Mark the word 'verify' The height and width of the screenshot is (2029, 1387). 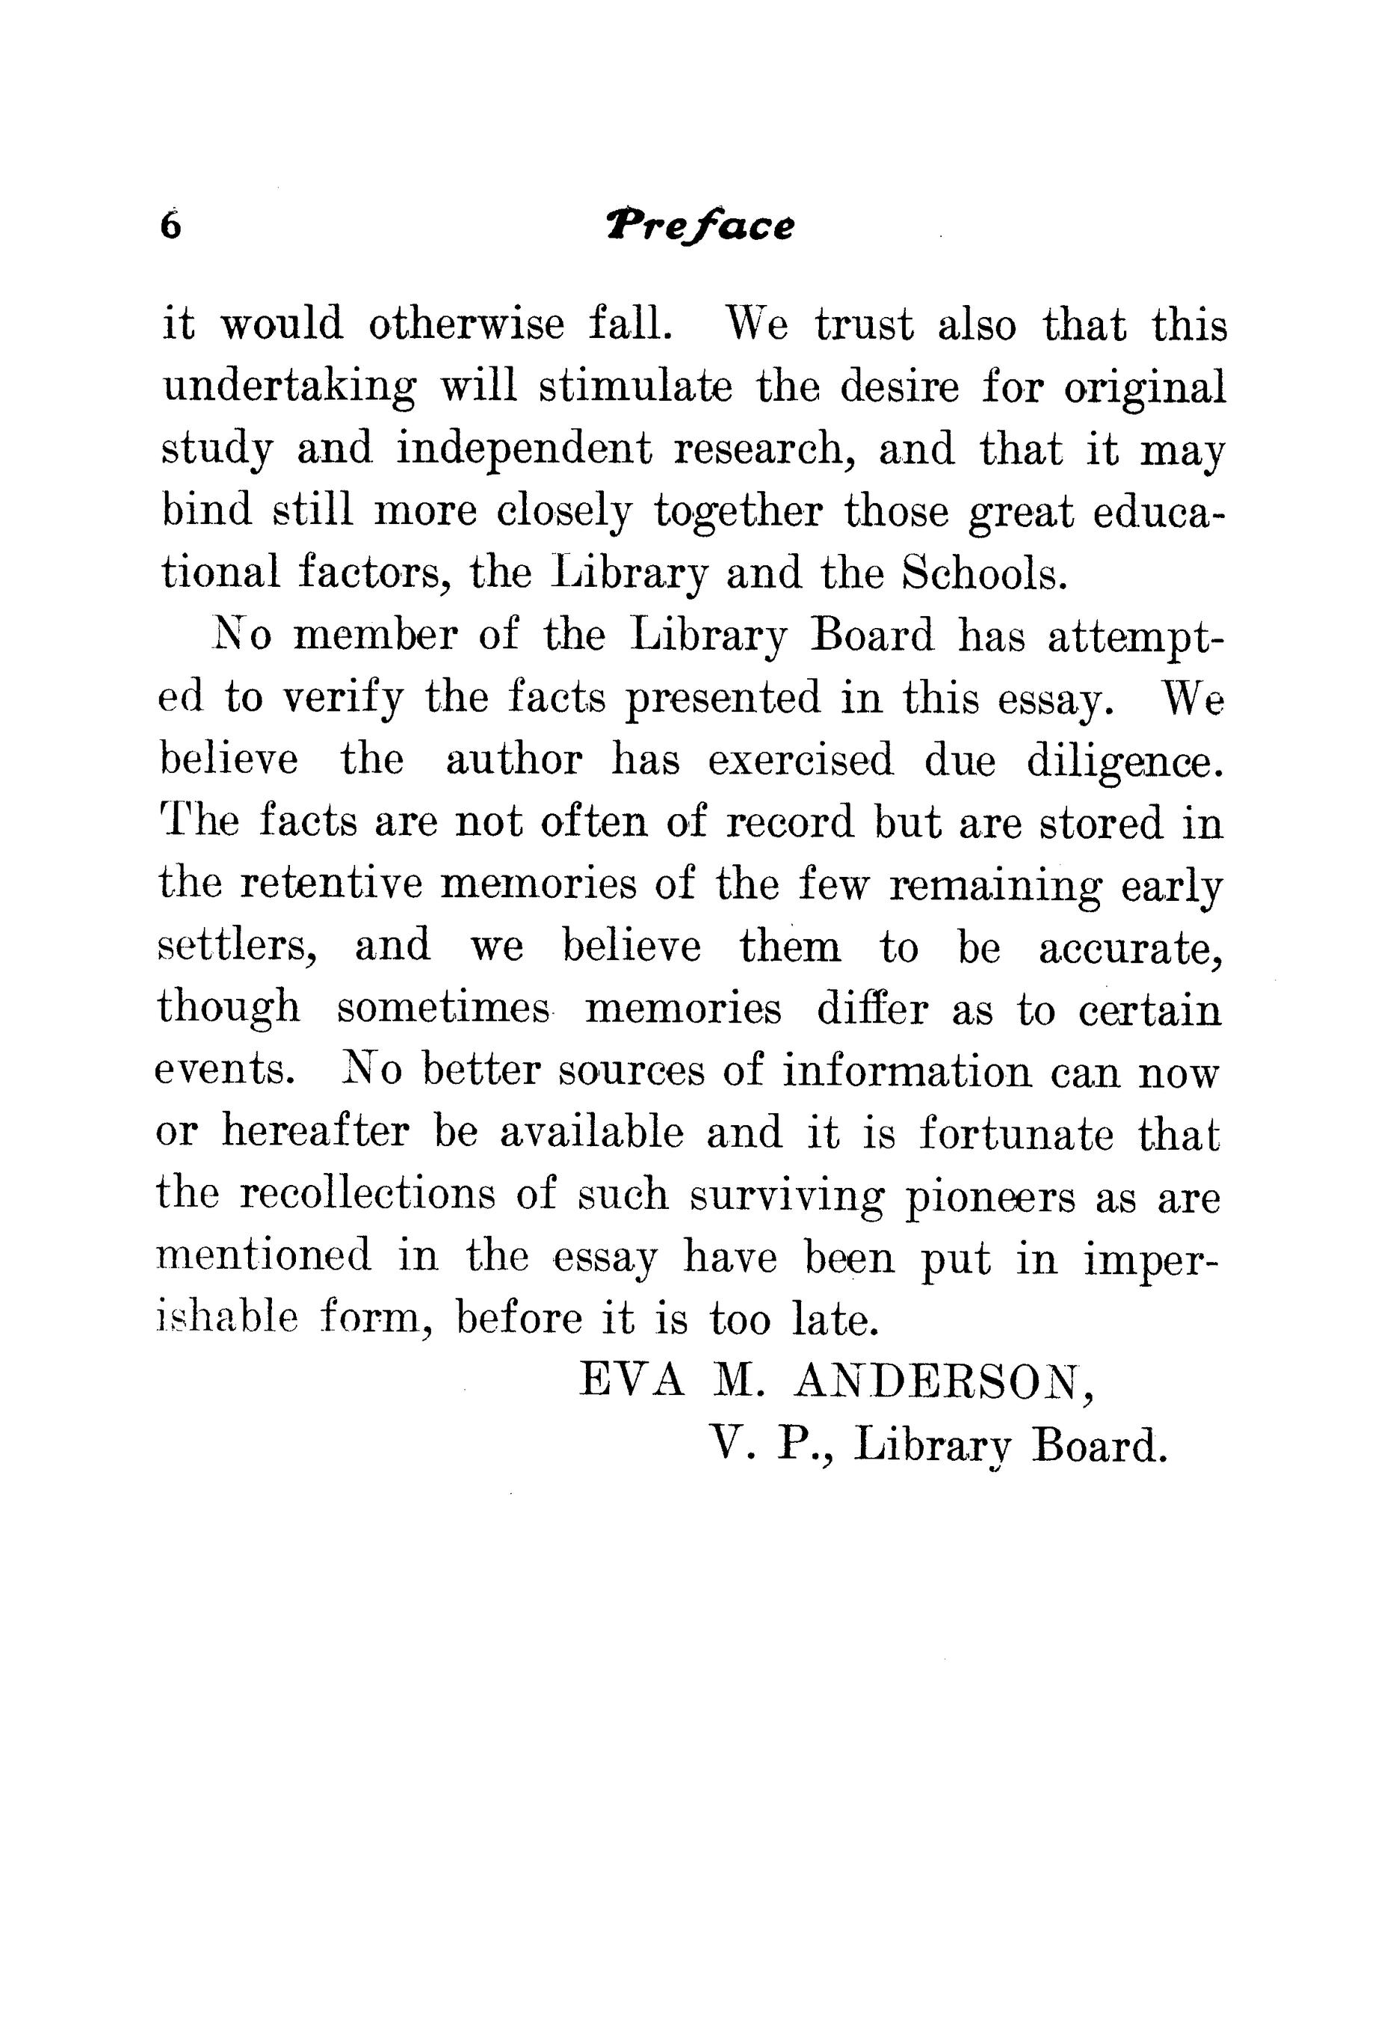coord(345,698)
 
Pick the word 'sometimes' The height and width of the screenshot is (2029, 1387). coord(443,1010)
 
